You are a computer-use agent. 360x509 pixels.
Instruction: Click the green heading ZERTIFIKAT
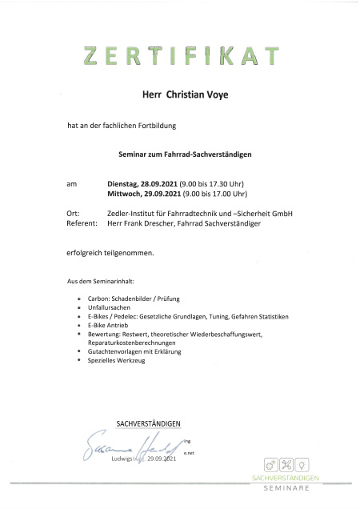(181, 56)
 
